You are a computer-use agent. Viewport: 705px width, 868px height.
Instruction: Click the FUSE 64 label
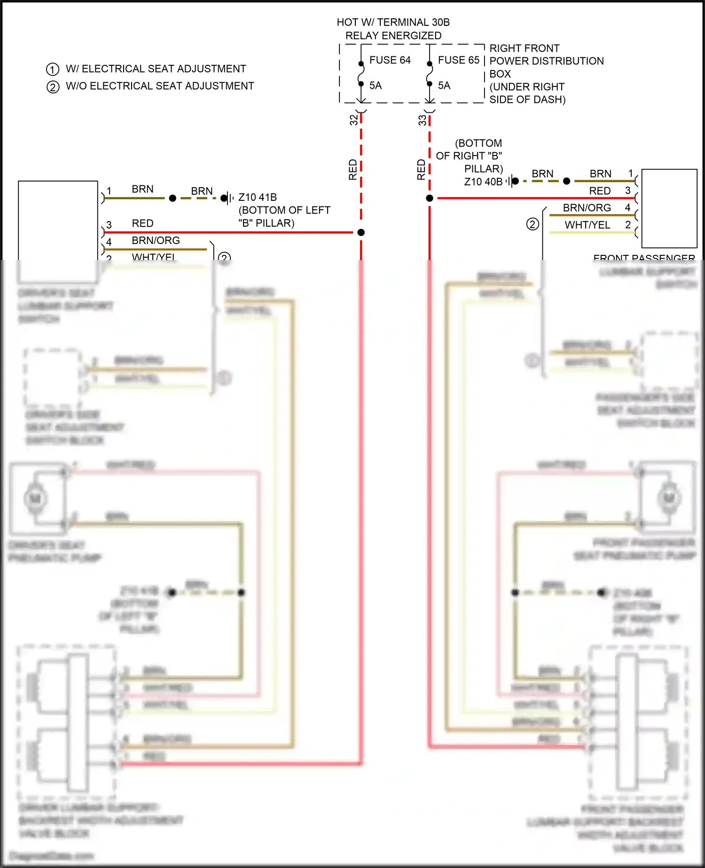[390, 60]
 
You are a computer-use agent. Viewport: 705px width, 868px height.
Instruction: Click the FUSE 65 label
[458, 60]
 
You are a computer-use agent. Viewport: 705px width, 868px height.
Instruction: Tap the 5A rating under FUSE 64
[376, 86]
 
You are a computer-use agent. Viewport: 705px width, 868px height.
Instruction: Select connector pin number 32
[353, 120]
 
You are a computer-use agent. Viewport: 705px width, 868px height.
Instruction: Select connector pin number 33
[422, 120]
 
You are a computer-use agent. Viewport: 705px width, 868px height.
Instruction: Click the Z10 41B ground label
[258, 197]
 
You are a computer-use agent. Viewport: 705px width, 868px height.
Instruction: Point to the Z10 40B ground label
[483, 182]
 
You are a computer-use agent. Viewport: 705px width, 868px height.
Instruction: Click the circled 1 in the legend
[53, 70]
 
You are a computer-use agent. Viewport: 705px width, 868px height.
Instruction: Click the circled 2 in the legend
[53, 87]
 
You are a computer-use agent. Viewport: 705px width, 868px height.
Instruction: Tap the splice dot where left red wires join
[361, 232]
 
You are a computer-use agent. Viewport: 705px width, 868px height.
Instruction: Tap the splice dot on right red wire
[430, 198]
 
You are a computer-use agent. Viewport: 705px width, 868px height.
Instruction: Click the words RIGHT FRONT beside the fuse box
[524, 48]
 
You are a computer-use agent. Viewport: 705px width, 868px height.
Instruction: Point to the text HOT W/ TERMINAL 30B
[393, 23]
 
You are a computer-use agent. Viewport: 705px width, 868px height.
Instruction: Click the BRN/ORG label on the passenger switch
[587, 208]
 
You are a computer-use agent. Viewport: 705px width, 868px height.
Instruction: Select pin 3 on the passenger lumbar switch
[627, 190]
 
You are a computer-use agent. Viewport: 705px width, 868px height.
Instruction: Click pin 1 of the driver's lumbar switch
[109, 191]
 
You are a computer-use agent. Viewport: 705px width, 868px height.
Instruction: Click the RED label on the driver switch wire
[142, 223]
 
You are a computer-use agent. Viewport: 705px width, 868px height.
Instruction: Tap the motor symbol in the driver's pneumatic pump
[36, 498]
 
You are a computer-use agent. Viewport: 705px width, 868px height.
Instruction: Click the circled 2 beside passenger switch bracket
[532, 224]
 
